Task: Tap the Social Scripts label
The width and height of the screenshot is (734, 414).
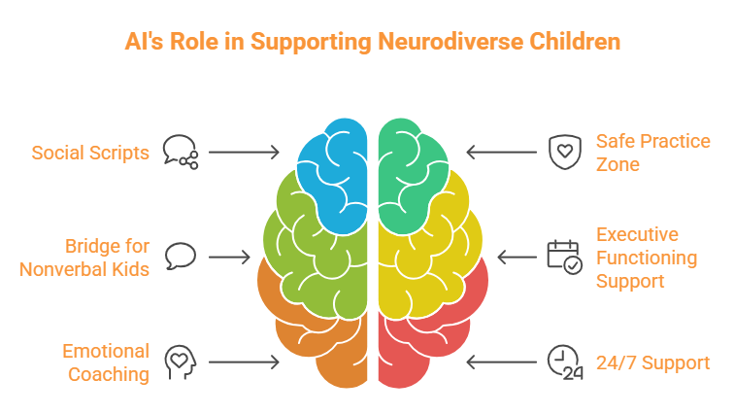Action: (90, 153)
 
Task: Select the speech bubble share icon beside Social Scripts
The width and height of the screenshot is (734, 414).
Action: (181, 152)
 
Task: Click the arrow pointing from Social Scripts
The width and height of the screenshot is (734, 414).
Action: (244, 153)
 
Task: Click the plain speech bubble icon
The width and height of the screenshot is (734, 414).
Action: (181, 257)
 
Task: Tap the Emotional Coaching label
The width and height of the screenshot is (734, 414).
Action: (105, 362)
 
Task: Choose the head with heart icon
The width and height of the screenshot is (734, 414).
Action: (181, 362)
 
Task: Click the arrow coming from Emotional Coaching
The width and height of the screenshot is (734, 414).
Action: (244, 362)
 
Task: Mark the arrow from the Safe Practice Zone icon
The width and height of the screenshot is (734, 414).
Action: (502, 153)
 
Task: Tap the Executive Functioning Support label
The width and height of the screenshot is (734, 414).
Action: (646, 258)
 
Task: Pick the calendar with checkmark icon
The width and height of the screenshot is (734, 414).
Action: (564, 257)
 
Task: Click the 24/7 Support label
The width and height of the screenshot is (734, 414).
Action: (652, 362)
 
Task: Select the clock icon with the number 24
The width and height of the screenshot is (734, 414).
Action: (564, 362)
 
